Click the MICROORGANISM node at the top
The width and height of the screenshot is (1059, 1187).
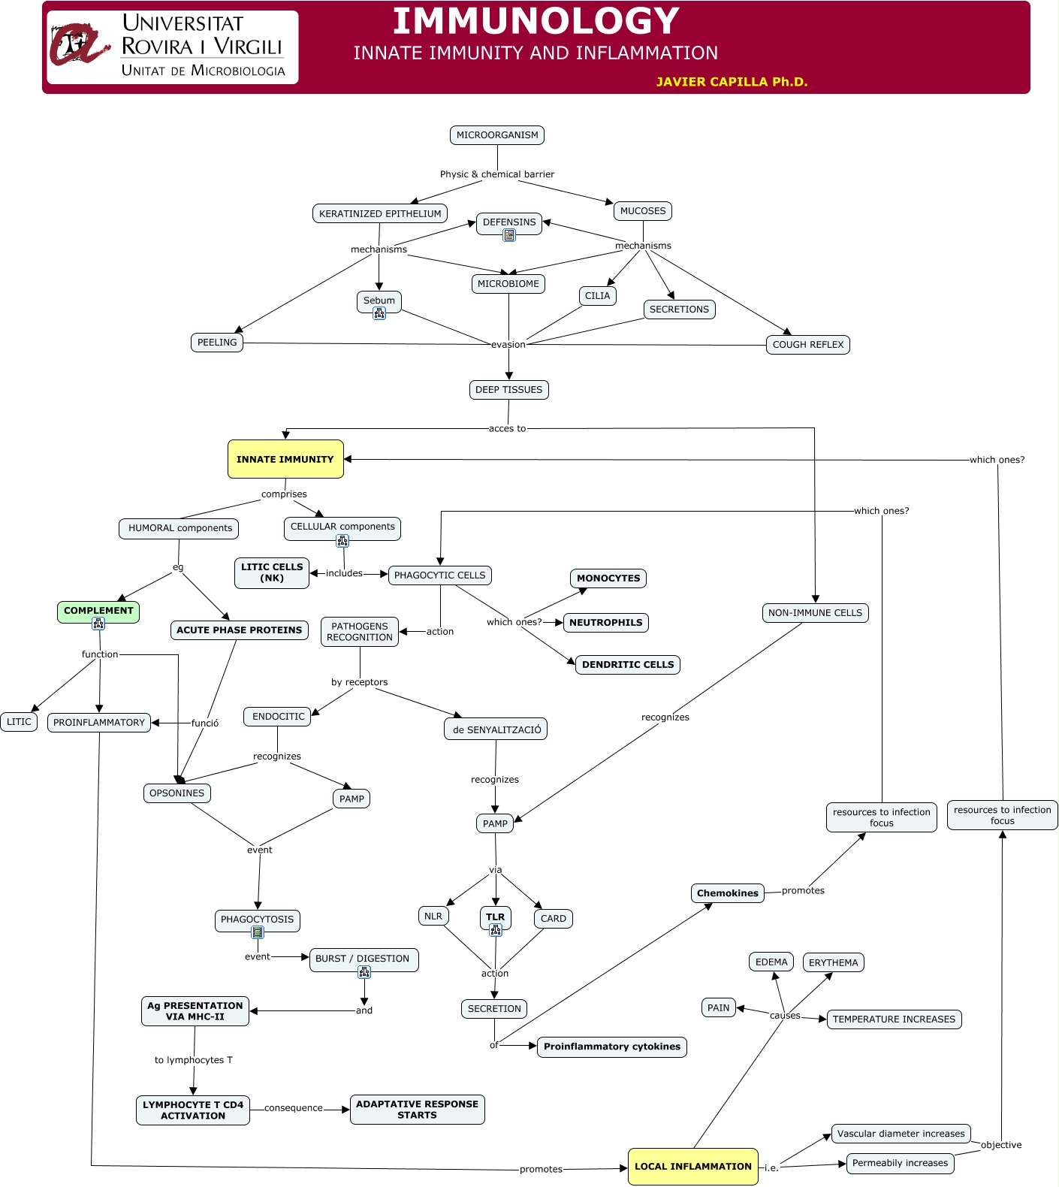click(497, 135)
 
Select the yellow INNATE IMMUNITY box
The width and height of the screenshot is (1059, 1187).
click(285, 459)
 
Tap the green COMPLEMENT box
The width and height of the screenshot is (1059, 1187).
click(98, 612)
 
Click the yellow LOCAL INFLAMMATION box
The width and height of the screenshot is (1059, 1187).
click(693, 1167)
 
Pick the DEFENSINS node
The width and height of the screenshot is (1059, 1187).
click(509, 223)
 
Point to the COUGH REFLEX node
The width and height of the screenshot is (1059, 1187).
click(808, 345)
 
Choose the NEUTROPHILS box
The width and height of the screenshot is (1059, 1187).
click(606, 623)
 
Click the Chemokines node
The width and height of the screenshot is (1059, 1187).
click(728, 893)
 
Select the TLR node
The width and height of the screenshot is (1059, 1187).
click(496, 917)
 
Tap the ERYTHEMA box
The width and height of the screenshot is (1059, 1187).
click(834, 963)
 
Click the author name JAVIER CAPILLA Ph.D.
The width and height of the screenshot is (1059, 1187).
click(732, 82)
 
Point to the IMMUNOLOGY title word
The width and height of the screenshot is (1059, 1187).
click(536, 21)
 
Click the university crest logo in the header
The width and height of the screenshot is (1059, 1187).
click(80, 45)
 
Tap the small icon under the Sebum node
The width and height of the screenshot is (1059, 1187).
click(379, 313)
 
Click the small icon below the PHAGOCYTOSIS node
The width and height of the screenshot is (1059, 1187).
click(258, 932)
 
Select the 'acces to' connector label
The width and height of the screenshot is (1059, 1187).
click(508, 429)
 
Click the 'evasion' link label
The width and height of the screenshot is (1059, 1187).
click(508, 345)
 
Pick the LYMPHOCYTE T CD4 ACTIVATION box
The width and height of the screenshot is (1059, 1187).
click(193, 1110)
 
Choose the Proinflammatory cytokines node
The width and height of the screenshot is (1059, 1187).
click(612, 1047)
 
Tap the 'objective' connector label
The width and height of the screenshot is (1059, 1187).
click(1001, 1145)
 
